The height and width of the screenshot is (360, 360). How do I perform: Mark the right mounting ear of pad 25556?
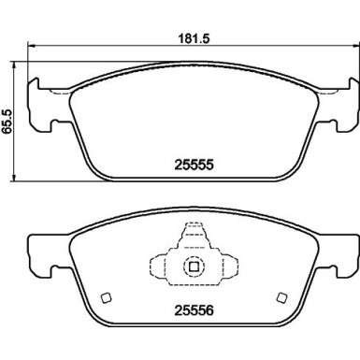pos(344,250)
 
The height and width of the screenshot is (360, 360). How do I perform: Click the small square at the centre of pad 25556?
pos(194,266)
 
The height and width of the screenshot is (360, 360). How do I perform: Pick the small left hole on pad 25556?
pos(105,298)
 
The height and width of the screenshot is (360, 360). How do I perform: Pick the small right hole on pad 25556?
pos(281,298)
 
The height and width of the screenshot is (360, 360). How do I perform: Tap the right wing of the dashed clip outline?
pos(229,266)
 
